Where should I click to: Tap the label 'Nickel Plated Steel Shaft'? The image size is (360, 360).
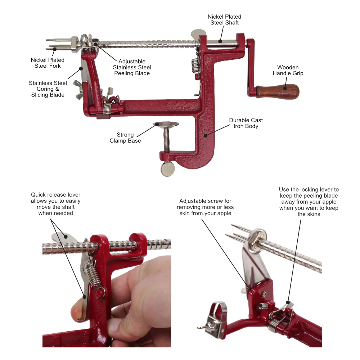tap(224, 20)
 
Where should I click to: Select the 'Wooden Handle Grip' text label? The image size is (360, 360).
tap(288, 70)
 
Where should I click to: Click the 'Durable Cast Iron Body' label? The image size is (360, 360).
tap(246, 123)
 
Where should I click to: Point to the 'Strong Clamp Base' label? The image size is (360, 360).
tap(125, 138)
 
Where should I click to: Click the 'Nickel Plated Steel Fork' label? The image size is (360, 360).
tap(48, 63)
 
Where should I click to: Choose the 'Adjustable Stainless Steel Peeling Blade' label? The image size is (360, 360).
tap(132, 67)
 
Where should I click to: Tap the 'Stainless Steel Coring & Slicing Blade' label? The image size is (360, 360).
tap(48, 89)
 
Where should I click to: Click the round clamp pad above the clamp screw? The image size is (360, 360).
tap(166, 125)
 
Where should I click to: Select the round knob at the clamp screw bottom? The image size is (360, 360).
tap(167, 169)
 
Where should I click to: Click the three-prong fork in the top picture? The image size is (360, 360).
tap(58, 44)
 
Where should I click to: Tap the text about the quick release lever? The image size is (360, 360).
tap(55, 204)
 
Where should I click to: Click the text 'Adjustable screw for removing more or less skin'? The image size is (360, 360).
tap(205, 207)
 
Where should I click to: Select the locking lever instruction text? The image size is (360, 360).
tap(309, 202)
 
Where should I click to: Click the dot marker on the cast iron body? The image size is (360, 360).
tap(205, 136)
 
